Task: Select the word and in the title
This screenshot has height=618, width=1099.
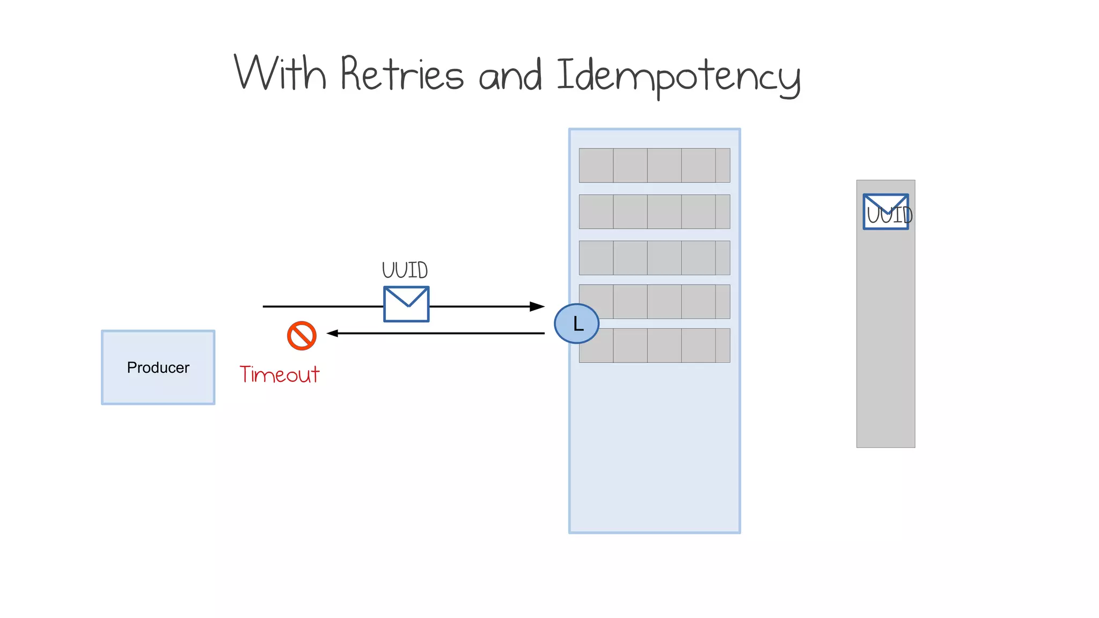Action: [x=510, y=76]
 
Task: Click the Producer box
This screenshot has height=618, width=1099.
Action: [x=158, y=367]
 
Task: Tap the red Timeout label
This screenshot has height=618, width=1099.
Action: [x=279, y=374]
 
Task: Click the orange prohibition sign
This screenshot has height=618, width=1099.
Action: [x=302, y=336]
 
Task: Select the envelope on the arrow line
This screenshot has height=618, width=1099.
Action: [x=406, y=304]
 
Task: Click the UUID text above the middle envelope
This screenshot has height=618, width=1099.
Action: [x=405, y=270]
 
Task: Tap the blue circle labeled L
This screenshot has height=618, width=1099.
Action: [x=576, y=323]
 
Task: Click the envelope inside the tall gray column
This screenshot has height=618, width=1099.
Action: [x=885, y=212]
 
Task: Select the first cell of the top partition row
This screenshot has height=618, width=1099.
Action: [x=596, y=165]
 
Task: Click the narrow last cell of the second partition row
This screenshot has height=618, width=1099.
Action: [x=723, y=211]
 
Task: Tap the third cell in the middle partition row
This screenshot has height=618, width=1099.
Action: [x=664, y=257]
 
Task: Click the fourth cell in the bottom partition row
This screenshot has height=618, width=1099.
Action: [x=698, y=345]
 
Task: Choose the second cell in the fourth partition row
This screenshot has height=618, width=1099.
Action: [x=630, y=301]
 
